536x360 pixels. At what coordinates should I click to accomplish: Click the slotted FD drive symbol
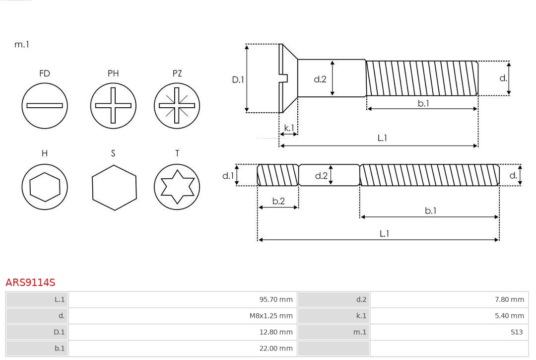point(45,105)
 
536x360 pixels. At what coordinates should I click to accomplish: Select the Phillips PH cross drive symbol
point(113,105)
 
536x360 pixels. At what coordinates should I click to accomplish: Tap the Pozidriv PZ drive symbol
point(177,105)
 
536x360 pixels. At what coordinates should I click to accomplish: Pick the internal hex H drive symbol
point(45,187)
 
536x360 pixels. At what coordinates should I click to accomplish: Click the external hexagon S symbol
point(114,187)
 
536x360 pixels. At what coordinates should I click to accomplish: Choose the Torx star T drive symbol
point(177,187)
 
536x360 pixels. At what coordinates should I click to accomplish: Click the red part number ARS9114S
point(30,283)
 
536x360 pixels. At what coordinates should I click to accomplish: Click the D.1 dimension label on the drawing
point(238,79)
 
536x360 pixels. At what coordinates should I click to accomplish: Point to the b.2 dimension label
point(278,201)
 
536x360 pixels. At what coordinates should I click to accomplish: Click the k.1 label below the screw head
point(289,128)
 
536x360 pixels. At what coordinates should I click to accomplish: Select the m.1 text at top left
point(22,44)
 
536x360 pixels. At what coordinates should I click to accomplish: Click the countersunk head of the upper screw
point(288,78)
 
